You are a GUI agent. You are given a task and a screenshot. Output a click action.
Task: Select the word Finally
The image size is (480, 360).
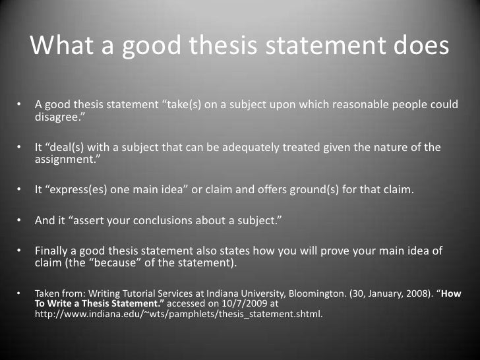click(x=53, y=252)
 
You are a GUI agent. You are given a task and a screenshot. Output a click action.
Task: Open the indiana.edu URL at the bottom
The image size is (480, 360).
click(x=178, y=315)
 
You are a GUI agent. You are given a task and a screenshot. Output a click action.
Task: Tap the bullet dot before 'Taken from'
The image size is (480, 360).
click(x=20, y=293)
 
